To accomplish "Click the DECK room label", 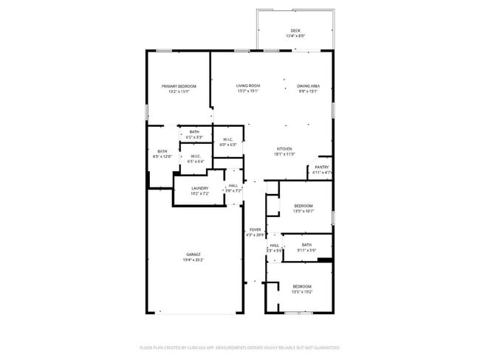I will point(295,31).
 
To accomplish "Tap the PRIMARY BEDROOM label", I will point(179,86).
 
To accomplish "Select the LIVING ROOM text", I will point(248,86).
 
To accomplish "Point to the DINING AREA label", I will point(308,86).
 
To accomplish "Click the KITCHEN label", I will point(284,148).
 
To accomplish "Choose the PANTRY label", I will point(321,167).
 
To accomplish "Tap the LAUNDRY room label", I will point(199,188).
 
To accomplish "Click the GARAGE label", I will point(193,255).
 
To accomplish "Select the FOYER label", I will point(254,229).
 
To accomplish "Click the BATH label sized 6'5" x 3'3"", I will point(193,132).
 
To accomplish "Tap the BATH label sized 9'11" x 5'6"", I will point(306,245).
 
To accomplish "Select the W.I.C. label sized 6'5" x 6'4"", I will point(196,156).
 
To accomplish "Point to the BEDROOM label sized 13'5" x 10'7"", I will point(303,206).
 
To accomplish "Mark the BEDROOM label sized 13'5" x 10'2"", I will point(301,286).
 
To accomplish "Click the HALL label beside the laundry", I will point(233,186).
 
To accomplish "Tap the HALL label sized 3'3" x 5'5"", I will point(274,246).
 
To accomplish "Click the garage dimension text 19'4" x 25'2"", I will point(193,260).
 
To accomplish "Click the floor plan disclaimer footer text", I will point(239,347).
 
